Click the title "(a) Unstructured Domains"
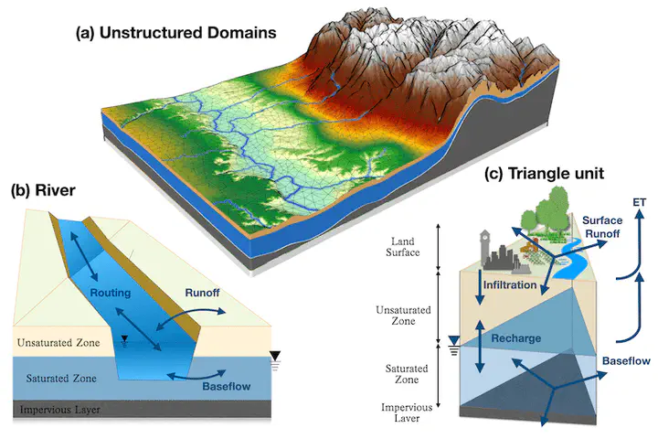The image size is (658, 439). click(175, 33)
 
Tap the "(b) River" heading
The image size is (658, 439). click(43, 190)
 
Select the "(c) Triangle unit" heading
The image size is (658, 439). click(544, 173)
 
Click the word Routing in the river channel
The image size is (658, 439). click(111, 293)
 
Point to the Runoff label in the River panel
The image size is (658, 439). click(202, 293)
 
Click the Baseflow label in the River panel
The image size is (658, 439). click(227, 386)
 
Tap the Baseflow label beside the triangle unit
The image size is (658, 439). click(626, 361)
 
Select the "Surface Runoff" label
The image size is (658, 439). click(602, 227)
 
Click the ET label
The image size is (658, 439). click(639, 202)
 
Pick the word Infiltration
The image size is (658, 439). click(510, 284)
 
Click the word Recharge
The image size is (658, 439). click(516, 338)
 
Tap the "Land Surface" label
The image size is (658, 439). click(403, 247)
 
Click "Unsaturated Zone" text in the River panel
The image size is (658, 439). click(58, 342)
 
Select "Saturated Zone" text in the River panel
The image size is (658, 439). click(61, 378)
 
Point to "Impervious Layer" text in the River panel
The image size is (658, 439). click(60, 409)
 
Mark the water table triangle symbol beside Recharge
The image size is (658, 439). click(454, 340)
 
